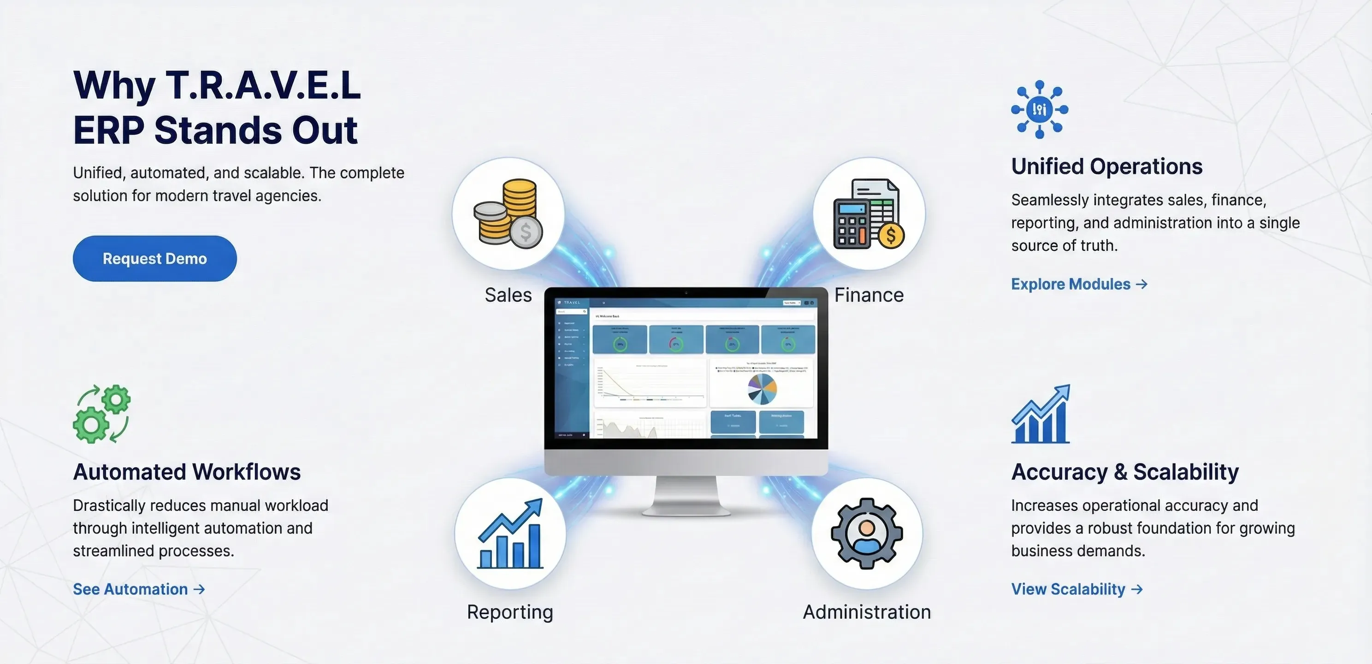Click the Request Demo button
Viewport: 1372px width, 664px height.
154,259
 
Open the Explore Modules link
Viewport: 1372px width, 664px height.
1078,284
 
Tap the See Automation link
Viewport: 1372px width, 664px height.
138,589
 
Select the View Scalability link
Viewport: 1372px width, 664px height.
1076,589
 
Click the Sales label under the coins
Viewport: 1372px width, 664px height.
508,295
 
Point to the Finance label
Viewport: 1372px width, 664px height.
869,295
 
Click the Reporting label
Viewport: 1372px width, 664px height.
510,612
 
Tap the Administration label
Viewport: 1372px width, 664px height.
867,612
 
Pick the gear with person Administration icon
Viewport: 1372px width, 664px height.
867,533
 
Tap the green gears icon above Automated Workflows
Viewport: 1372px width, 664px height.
101,414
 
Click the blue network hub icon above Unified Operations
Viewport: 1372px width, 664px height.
1039,109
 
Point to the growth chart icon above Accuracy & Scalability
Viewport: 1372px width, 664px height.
1040,414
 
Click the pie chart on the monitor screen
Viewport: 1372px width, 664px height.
762,389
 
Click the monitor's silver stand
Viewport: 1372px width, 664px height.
686,496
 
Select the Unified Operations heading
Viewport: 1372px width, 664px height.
1106,166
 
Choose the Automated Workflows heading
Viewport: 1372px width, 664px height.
186,472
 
